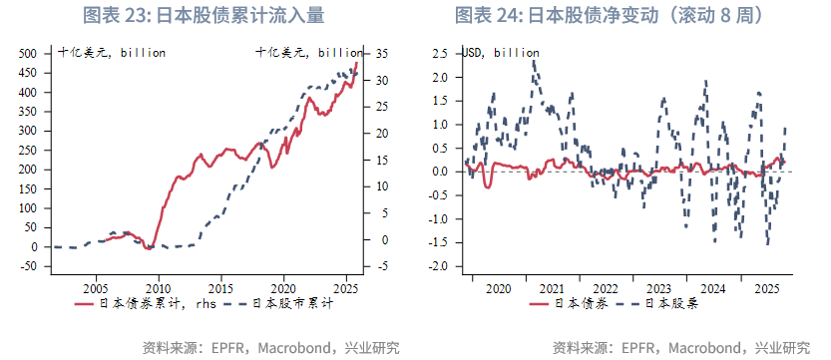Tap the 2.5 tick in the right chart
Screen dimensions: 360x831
click(x=441, y=53)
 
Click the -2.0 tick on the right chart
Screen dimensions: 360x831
click(x=439, y=266)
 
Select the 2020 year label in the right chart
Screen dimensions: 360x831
click(x=500, y=288)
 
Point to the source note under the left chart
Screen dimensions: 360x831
click(x=270, y=348)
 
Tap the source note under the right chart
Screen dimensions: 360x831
click(x=681, y=348)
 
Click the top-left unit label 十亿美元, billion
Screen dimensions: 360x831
click(x=112, y=53)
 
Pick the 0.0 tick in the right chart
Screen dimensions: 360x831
click(x=441, y=172)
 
